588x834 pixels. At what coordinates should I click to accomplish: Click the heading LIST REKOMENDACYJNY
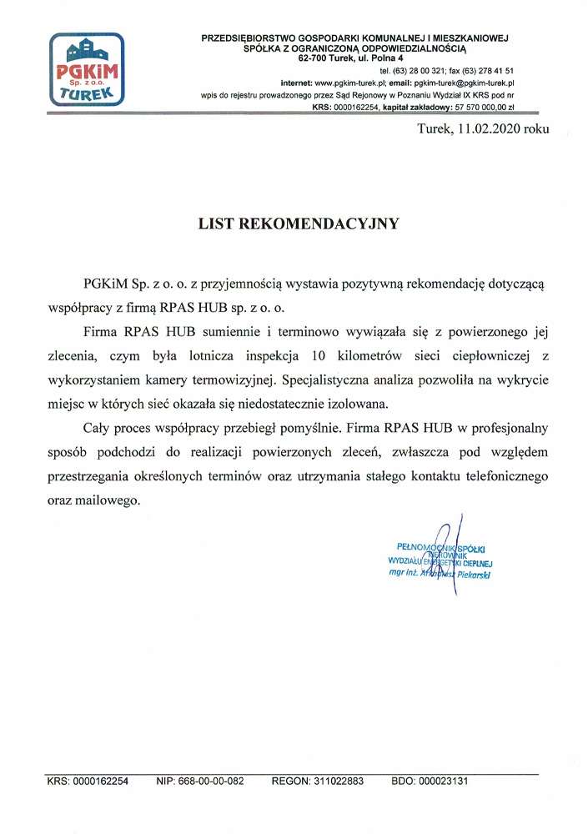pos(298,224)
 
